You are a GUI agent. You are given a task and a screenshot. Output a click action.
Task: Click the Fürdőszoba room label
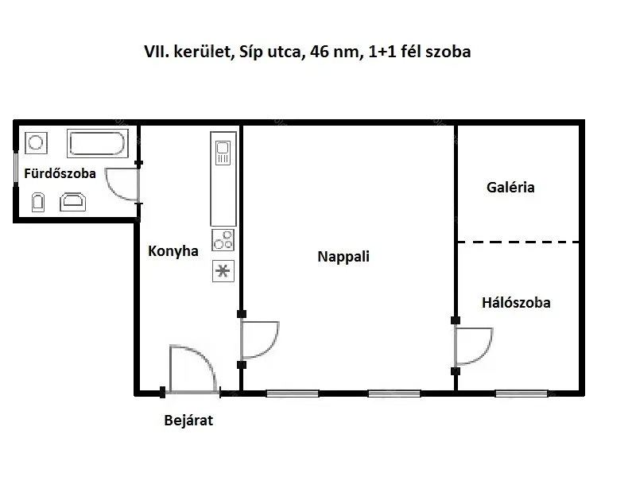coord(60,173)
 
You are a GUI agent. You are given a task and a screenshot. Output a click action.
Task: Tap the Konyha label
coord(173,251)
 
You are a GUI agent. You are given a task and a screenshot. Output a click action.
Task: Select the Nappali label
coord(343,257)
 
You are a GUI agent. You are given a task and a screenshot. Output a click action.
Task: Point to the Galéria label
coord(510,187)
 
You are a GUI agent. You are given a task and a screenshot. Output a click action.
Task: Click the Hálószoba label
coord(516,303)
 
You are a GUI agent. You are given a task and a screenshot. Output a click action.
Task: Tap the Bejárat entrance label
coord(188,421)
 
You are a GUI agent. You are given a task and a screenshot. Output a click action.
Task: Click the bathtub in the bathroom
coord(97,143)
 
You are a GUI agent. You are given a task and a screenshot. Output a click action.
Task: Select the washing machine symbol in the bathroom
coord(36,143)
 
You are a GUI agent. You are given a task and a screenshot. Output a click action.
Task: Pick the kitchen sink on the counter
coord(223,153)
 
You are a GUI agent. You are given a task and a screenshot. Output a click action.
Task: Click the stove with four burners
coord(223,240)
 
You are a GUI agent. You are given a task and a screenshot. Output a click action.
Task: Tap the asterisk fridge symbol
coord(223,271)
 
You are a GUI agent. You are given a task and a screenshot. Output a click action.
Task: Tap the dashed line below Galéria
coord(519,242)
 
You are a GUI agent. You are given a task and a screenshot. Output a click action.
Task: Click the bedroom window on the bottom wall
coord(522,394)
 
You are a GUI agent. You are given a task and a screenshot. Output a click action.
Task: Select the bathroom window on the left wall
coord(16,168)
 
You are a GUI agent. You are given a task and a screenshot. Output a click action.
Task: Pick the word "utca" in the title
coord(284,52)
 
